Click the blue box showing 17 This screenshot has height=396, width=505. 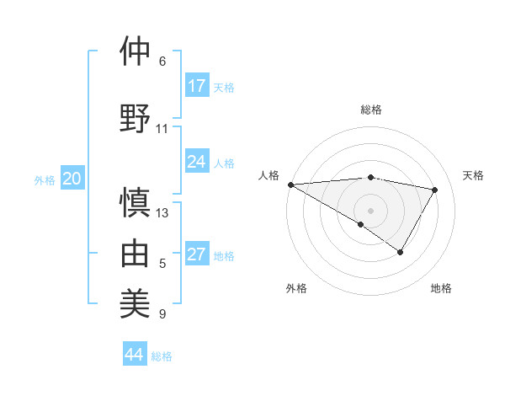tap(197, 86)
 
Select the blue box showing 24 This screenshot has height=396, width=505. tap(197, 162)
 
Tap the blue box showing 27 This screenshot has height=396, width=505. tap(197, 254)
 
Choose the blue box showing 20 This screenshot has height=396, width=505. tap(72, 179)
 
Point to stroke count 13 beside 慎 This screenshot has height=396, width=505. tap(162, 212)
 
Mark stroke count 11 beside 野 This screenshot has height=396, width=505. tap(162, 128)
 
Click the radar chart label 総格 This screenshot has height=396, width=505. tap(371, 110)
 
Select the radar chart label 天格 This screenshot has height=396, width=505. tap(474, 175)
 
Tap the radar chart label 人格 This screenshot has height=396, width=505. tap(268, 175)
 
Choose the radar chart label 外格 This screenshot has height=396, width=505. tap(296, 288)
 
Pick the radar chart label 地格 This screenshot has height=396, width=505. tap(441, 288)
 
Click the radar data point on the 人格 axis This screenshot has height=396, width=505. tap(290, 185)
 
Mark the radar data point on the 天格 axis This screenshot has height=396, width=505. tap(435, 190)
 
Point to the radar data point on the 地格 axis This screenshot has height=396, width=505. tap(401, 252)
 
